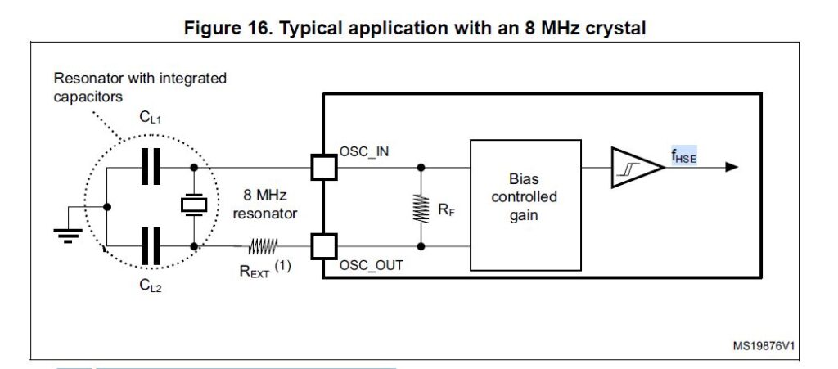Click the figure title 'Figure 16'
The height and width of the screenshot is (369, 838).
pyautogui.click(x=415, y=29)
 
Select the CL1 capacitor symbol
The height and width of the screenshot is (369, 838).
pyautogui.click(x=151, y=168)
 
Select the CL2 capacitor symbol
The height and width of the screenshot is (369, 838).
pyautogui.click(x=151, y=245)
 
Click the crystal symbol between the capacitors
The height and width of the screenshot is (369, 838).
pyautogui.click(x=194, y=206)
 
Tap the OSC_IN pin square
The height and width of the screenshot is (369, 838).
pyautogui.click(x=324, y=168)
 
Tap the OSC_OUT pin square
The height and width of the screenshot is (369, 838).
pyautogui.click(x=324, y=245)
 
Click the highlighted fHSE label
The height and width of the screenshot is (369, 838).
pyautogui.click(x=683, y=156)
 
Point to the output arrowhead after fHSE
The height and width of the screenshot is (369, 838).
pyautogui.click(x=731, y=168)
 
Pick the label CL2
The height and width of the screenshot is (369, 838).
pyautogui.click(x=151, y=286)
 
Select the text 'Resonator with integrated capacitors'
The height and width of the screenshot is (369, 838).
pyautogui.click(x=139, y=88)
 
